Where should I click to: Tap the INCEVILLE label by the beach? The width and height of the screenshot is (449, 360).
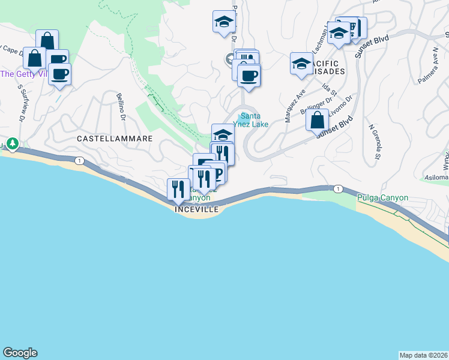click(x=197, y=209)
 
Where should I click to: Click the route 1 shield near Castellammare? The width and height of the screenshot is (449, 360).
click(x=79, y=160)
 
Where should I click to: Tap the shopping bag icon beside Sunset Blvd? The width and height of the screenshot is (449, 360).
click(x=317, y=119)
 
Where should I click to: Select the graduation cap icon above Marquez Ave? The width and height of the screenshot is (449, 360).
click(x=301, y=63)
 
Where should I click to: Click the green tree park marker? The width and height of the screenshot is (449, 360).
click(x=12, y=144)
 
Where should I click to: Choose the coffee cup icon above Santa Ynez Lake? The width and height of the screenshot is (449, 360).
click(x=249, y=76)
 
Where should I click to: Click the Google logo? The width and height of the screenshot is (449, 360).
click(x=20, y=353)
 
